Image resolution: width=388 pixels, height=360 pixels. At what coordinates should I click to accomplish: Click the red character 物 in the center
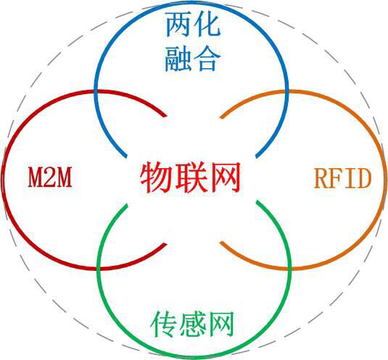point(155,177)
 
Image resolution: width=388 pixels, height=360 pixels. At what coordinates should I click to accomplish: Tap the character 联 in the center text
point(190,177)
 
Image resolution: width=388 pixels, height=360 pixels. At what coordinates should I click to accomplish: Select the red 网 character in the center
point(224,177)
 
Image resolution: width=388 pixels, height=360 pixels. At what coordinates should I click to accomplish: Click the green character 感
point(193,323)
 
